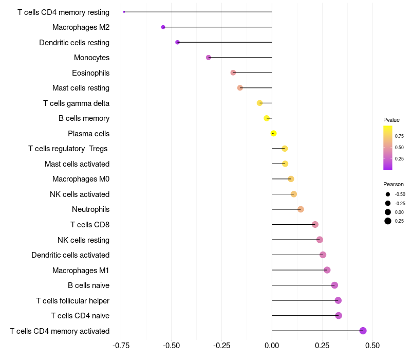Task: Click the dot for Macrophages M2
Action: point(163,27)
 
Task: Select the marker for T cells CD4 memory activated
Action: point(363,331)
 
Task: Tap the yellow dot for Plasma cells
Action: point(273,133)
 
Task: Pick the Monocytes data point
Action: point(209,58)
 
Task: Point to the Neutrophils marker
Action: point(301,209)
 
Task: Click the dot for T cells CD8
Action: point(315,224)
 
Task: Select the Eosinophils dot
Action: point(233,73)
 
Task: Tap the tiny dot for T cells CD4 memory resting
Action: point(124,12)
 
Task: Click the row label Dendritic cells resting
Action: point(74,43)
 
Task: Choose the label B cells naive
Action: point(88,285)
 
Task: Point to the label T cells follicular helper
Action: point(72,301)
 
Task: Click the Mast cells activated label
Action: point(77,164)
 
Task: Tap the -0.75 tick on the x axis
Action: point(121,346)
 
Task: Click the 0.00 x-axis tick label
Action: point(272,346)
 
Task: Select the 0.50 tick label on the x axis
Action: point(372,346)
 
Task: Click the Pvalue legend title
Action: point(391,120)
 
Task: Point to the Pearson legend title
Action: point(394,184)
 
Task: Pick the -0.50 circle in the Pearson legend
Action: point(388,194)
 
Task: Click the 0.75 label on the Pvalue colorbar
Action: point(399,136)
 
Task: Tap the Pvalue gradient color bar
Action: point(388,148)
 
